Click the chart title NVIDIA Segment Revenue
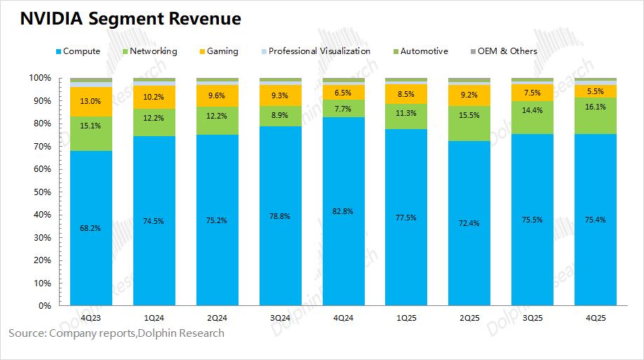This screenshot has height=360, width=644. [x=130, y=19]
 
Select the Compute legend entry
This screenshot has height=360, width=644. [x=81, y=51]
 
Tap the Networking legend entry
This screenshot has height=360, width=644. [x=153, y=51]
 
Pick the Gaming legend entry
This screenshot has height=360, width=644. [x=222, y=51]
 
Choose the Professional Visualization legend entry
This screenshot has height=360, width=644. [x=318, y=51]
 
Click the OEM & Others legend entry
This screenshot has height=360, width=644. [x=507, y=51]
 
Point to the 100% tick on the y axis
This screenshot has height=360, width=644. [x=41, y=78]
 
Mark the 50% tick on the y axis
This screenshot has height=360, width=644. [x=43, y=192]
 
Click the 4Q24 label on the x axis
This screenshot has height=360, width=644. [x=343, y=318]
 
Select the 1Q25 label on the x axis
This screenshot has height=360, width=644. [x=406, y=318]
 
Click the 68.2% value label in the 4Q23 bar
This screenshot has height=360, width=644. [x=91, y=228]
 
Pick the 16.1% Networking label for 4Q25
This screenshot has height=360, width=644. [x=596, y=107]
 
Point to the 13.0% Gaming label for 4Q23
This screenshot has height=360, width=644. [x=91, y=102]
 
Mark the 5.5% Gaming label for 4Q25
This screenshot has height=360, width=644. [x=596, y=92]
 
